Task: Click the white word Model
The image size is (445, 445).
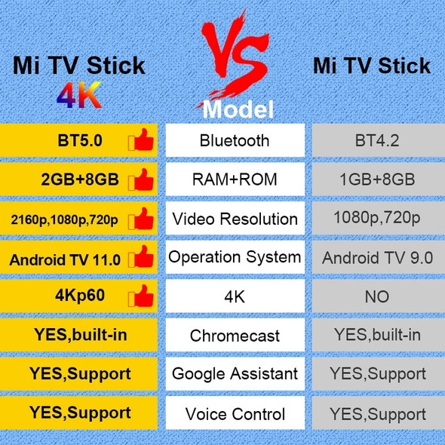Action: (238, 109)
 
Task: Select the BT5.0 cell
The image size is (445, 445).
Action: (79, 140)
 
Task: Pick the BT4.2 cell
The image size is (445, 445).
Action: (377, 140)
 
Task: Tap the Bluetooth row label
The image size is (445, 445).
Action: (235, 140)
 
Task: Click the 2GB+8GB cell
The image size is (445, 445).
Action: (79, 180)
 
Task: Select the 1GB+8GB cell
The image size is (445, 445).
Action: (377, 180)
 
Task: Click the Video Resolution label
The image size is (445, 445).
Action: (235, 219)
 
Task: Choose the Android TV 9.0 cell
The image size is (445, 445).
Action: (377, 258)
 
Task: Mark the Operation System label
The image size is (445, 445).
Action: (235, 257)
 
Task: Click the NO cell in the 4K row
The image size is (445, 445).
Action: (377, 296)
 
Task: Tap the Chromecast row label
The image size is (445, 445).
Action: (235, 336)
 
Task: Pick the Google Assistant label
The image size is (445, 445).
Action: (235, 373)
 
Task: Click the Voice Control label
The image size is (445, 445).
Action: (235, 414)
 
